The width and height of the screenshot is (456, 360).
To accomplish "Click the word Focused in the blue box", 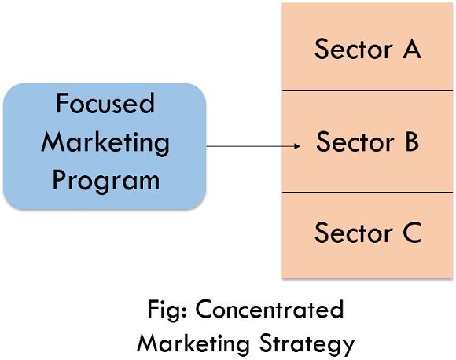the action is pyautogui.click(x=105, y=103).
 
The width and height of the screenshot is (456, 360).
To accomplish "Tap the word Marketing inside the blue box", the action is pyautogui.click(x=105, y=142).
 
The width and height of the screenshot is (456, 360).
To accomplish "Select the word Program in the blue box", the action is pyautogui.click(x=106, y=181).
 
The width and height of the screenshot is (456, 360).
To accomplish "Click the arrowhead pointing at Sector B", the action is pyautogui.click(x=297, y=146).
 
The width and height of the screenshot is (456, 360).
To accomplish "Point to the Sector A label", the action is pyautogui.click(x=368, y=49).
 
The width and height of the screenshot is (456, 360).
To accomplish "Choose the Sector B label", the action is pyautogui.click(x=368, y=141).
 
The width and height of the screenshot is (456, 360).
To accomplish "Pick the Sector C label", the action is pyautogui.click(x=368, y=232).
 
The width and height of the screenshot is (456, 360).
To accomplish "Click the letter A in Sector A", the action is pyautogui.click(x=412, y=49).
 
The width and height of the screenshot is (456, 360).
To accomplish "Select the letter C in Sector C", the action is pyautogui.click(x=412, y=232).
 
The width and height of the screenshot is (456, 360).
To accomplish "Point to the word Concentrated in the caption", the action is pyautogui.click(x=270, y=309).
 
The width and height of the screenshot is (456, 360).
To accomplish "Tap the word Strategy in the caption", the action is pyautogui.click(x=307, y=344).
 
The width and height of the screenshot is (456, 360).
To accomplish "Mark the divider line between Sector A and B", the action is pyautogui.click(x=368, y=90).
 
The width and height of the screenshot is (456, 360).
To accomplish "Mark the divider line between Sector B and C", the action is pyautogui.click(x=368, y=192).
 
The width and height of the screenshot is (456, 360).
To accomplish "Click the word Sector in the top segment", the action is pyautogui.click(x=354, y=50).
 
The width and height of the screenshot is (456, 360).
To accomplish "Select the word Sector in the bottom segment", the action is pyautogui.click(x=354, y=233).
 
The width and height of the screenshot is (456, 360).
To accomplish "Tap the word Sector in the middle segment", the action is pyautogui.click(x=355, y=141).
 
